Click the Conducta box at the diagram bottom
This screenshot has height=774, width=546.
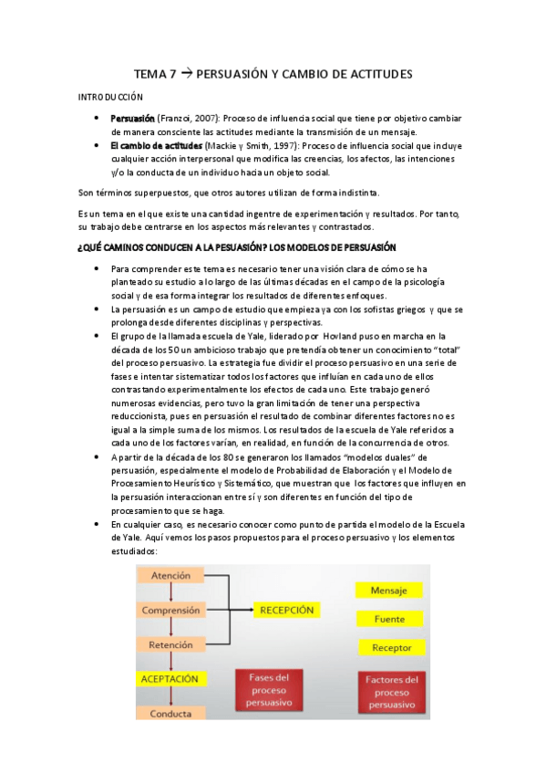point(170,713)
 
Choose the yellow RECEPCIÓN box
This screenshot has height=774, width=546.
point(287,610)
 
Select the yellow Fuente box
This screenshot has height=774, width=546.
point(390,619)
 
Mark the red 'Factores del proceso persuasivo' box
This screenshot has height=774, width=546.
point(392,693)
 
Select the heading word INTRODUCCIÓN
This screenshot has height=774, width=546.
point(109,96)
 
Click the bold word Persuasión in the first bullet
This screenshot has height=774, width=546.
point(132,119)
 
